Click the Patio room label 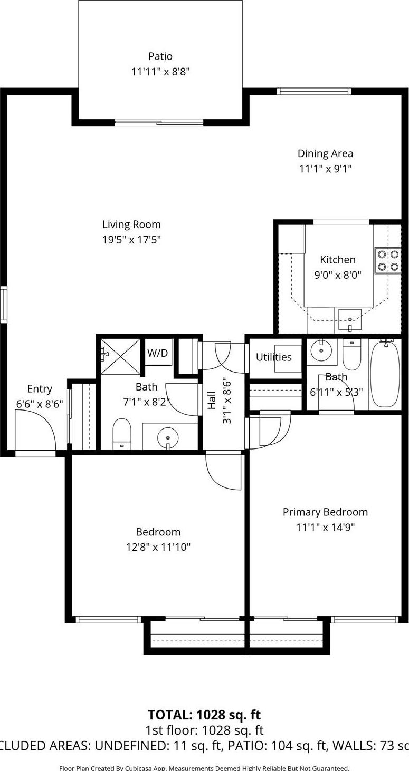click(x=160, y=56)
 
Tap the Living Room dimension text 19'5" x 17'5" click(x=131, y=240)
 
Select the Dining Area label click(x=325, y=153)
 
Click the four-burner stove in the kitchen click(x=387, y=260)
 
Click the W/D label click(x=157, y=353)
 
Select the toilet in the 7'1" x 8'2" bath click(x=122, y=433)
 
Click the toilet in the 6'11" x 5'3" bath click(x=351, y=355)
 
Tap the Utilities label click(x=273, y=357)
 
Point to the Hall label click(x=212, y=400)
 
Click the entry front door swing click(x=35, y=430)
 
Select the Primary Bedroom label click(x=325, y=512)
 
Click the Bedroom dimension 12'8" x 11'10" click(x=158, y=547)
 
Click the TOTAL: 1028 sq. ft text click(x=204, y=715)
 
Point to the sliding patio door click(x=159, y=123)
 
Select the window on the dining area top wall click(x=314, y=91)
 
